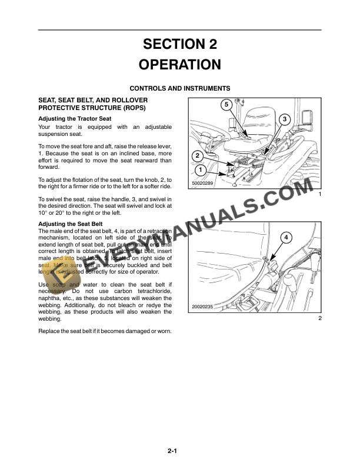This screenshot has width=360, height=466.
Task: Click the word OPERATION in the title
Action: click(180, 64)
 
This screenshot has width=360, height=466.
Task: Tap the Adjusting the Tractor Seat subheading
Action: click(75, 119)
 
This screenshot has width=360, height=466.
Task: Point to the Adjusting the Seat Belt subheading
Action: click(71, 224)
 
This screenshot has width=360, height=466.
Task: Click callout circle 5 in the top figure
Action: click(225, 105)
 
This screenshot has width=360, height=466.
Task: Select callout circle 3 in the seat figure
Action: click(284, 119)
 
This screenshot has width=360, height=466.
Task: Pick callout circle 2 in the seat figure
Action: click(198, 156)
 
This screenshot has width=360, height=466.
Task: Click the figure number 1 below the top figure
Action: click(319, 195)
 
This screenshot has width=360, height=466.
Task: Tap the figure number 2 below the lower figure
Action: click(319, 318)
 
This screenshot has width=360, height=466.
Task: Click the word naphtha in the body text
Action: click(51, 298)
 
